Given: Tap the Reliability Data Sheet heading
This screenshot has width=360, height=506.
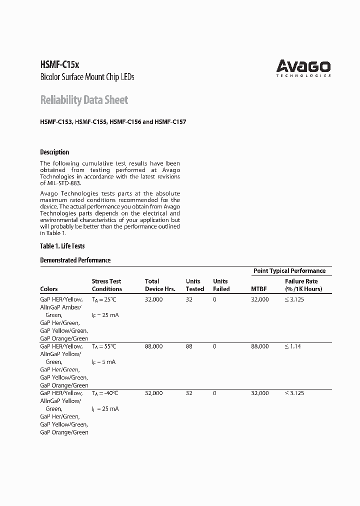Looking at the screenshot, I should pyautogui.click(x=84, y=100).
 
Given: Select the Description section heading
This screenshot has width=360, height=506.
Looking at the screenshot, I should pyautogui.click(x=54, y=152).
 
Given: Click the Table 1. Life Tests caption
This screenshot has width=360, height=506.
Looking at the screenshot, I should pyautogui.click(x=62, y=246).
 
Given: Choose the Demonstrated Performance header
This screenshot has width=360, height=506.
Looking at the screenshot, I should pyautogui.click(x=75, y=260).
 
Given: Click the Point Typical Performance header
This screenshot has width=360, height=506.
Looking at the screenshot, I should pyautogui.click(x=289, y=270).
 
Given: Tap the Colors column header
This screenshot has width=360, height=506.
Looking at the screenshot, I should pyautogui.click(x=48, y=289).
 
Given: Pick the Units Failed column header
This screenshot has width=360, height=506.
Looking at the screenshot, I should pyautogui.click(x=221, y=285).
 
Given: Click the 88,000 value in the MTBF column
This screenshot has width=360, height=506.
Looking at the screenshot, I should pyautogui.click(x=259, y=346).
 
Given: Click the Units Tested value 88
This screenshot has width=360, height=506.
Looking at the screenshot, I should pyautogui.click(x=189, y=346).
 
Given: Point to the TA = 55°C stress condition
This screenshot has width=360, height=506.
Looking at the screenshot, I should pyautogui.click(x=104, y=346).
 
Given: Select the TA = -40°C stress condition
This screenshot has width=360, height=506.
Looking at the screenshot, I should pyautogui.click(x=105, y=393).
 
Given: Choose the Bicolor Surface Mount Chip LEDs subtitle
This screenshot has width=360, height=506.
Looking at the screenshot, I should pyautogui.click(x=87, y=77).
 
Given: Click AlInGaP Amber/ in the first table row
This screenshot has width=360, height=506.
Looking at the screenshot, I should pyautogui.click(x=61, y=307).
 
